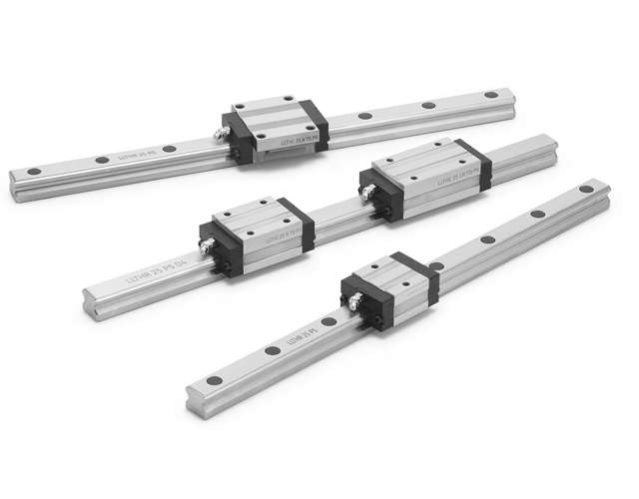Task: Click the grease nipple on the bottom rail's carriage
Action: click(x=351, y=297)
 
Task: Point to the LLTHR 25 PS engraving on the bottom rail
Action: click(x=301, y=338)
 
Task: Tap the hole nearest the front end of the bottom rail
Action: click(x=212, y=382)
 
